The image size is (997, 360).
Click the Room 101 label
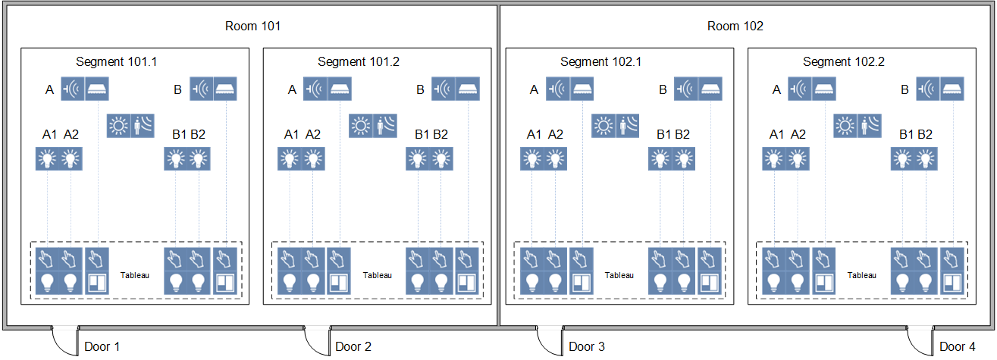252,26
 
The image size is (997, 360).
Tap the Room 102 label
735,26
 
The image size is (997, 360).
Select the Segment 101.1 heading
116,61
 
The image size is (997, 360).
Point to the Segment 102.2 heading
843,61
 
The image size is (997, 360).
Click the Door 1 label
102,347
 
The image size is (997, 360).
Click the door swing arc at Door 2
315,341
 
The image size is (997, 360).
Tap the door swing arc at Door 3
548,341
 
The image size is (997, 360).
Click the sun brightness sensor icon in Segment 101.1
119,125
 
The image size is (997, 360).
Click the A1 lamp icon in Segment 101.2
289,159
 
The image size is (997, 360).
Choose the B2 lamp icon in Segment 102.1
683,159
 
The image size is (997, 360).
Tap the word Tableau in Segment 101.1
134,275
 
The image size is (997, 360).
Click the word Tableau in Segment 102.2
861,275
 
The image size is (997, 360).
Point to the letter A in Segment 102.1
534,90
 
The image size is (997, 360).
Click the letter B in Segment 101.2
420,90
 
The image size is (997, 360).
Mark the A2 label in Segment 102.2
798,135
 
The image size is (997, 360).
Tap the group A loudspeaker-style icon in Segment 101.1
74,89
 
